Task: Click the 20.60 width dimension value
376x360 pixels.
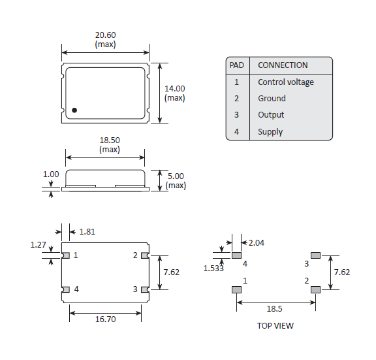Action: (x=106, y=35)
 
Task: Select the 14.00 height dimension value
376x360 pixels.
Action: (x=174, y=89)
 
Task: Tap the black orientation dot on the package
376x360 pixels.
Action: (x=74, y=110)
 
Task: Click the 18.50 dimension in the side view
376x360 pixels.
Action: (x=110, y=140)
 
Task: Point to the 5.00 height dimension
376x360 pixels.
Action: (x=176, y=176)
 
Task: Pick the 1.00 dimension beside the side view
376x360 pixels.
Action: (x=51, y=174)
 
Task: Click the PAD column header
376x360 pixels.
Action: (x=236, y=65)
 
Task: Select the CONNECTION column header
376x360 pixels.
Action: (x=283, y=65)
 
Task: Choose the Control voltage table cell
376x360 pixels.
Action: (x=285, y=82)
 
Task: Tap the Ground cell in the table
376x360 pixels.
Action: (x=272, y=99)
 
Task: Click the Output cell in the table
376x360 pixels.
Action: (x=271, y=115)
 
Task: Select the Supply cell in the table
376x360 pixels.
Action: (x=270, y=132)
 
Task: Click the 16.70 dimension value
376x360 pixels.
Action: (x=105, y=319)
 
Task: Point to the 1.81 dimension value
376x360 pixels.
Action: (x=87, y=231)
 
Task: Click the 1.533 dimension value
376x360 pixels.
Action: (x=213, y=268)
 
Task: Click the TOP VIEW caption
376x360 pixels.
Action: (x=275, y=325)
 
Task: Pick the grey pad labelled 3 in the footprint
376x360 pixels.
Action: (x=315, y=255)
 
